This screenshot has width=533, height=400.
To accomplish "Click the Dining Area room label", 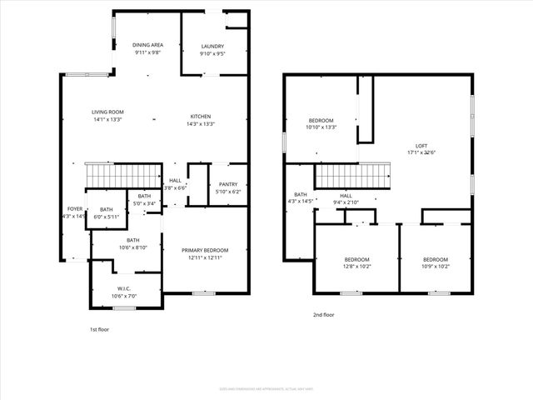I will (x=147, y=45).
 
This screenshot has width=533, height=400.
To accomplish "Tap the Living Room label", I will (x=107, y=112).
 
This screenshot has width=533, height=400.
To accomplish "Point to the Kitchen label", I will (x=200, y=117).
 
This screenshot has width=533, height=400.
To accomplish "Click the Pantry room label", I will (x=228, y=185).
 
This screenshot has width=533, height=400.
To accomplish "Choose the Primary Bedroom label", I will (x=205, y=250).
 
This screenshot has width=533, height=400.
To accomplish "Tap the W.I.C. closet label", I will (x=122, y=290).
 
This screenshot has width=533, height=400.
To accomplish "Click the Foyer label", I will (x=75, y=209).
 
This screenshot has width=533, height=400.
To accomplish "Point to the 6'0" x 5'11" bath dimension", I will (x=107, y=217).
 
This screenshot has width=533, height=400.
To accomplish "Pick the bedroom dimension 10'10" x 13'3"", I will (x=321, y=127).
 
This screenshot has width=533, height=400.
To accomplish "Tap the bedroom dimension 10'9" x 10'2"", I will (x=435, y=267).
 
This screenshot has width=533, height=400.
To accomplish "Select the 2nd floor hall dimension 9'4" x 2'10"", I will (x=346, y=202).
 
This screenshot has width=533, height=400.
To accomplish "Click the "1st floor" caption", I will (x=99, y=330).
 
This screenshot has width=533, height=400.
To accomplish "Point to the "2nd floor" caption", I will (x=324, y=314).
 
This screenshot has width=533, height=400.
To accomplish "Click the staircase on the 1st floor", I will (x=112, y=176).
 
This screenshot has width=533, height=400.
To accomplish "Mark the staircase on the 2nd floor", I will (x=351, y=176).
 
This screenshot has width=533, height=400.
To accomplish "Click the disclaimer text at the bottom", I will (x=266, y=387).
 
